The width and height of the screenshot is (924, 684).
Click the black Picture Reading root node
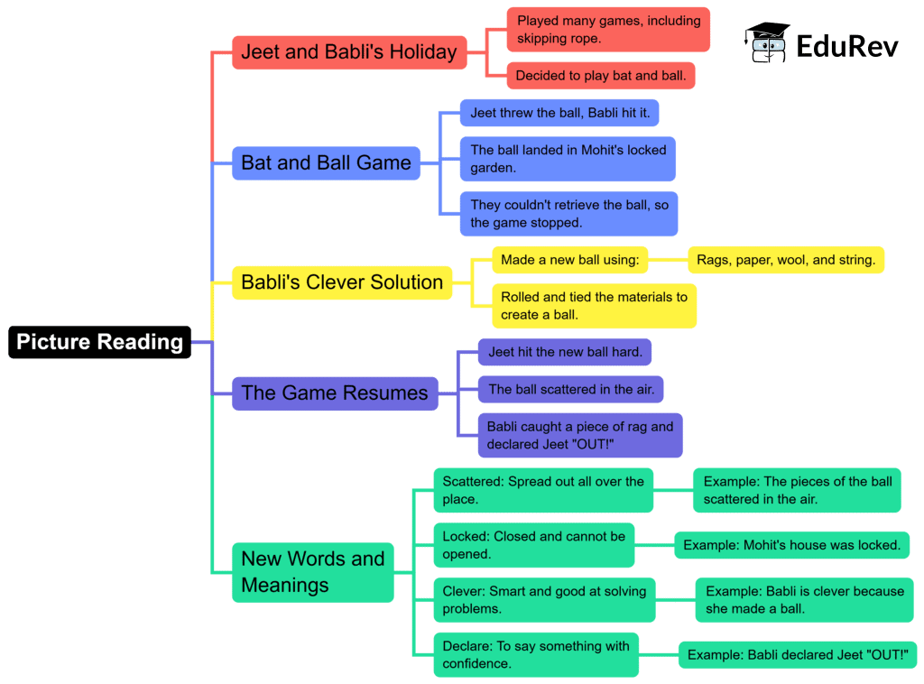coord(99,342)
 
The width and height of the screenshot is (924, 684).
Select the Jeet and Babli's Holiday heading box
coord(348,52)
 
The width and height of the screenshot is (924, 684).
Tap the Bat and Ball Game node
coord(326,163)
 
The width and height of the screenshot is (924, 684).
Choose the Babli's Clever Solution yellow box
coord(341,282)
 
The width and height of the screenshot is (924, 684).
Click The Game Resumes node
coord(334,393)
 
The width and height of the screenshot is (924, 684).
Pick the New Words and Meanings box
coord(312,572)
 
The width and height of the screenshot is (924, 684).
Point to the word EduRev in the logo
coord(846,45)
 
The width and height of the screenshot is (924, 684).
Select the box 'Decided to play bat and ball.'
coord(600,76)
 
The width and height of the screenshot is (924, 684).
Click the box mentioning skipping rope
coord(608,30)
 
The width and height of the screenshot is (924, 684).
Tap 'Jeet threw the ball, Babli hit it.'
coord(567,114)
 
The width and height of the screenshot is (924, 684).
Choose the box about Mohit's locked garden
coord(568,159)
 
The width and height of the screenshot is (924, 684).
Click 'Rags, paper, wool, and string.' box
coord(786,260)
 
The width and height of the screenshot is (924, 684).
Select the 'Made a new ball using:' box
coord(569,260)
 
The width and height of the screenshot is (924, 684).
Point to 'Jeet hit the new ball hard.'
coord(565,352)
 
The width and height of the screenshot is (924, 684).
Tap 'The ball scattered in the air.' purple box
coord(570,390)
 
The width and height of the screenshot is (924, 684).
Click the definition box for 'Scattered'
coord(543,490)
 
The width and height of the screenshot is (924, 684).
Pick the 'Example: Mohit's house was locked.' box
coord(791,545)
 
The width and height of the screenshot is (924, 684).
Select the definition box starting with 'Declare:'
coord(536,654)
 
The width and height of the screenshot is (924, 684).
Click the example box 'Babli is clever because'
coord(804,600)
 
